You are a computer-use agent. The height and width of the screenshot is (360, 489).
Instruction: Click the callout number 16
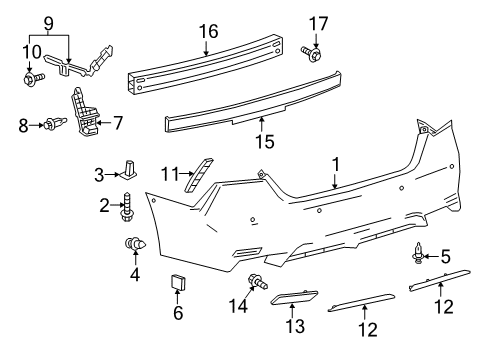point(208,33)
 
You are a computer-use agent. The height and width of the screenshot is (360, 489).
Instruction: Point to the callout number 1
point(336,161)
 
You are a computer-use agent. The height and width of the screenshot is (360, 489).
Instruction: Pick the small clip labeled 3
point(132,169)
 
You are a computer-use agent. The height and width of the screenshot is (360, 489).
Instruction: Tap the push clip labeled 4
point(130,245)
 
